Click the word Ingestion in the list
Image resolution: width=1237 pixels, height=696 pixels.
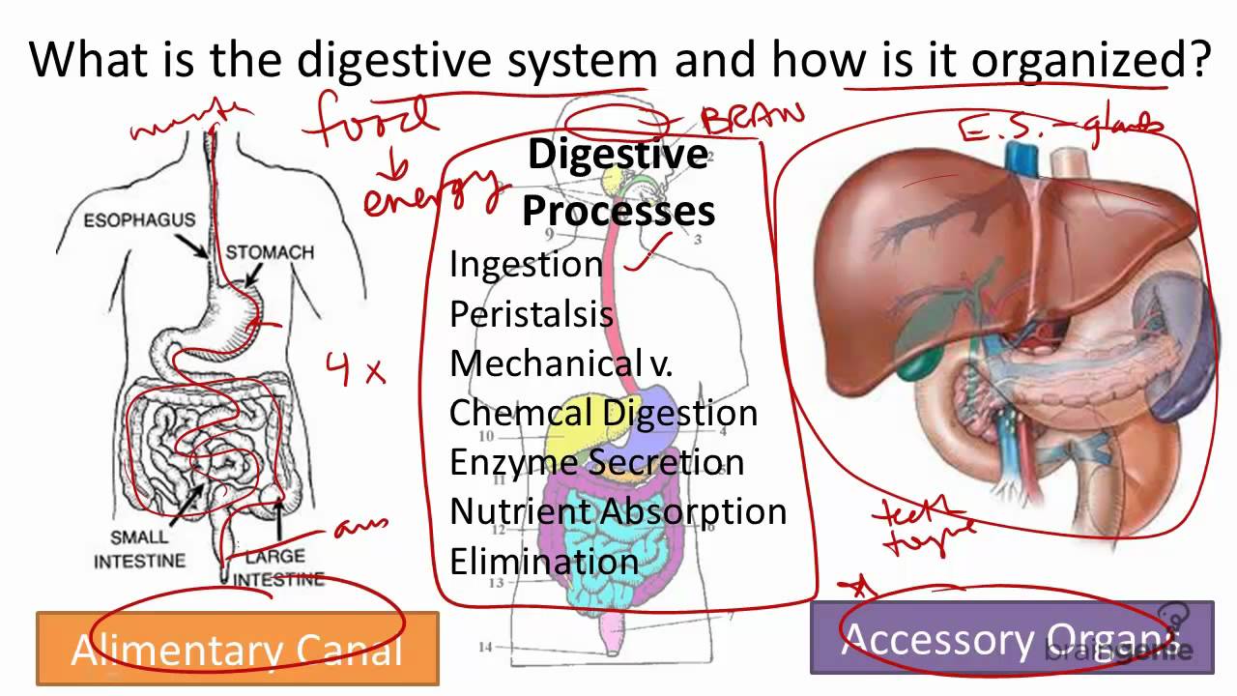coord(526,264)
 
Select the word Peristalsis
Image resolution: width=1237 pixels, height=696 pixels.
coord(531,314)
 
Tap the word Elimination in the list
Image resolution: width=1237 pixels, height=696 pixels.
coord(543,562)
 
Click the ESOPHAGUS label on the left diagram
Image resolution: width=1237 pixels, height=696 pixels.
coord(139,219)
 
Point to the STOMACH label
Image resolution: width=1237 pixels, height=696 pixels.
coord(270,252)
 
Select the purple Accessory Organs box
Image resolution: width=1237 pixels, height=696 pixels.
coord(1011,638)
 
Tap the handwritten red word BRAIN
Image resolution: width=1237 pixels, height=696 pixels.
coord(752,120)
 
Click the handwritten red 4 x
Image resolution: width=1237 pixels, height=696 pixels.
coord(355,369)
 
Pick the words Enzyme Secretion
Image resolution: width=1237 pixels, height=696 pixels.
coord(596,462)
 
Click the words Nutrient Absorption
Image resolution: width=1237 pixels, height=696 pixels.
coord(618,511)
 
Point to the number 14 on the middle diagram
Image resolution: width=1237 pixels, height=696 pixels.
coord(484,647)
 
